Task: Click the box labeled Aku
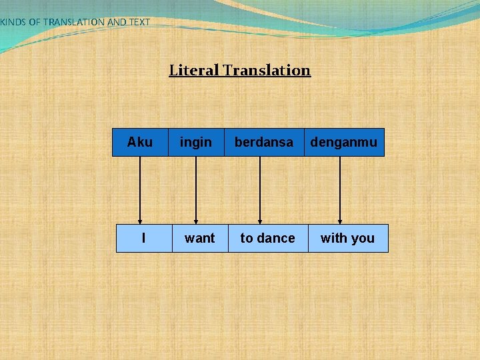[140, 142]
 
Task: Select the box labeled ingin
[196, 142]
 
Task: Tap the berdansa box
[263, 142]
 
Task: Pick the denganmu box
[344, 142]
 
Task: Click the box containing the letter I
[144, 238]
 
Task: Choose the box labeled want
[200, 238]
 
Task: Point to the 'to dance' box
[268, 238]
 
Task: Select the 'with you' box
[348, 238]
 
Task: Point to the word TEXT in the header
[139, 22]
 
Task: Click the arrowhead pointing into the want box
[196, 221]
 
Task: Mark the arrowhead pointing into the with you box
[340, 221]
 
